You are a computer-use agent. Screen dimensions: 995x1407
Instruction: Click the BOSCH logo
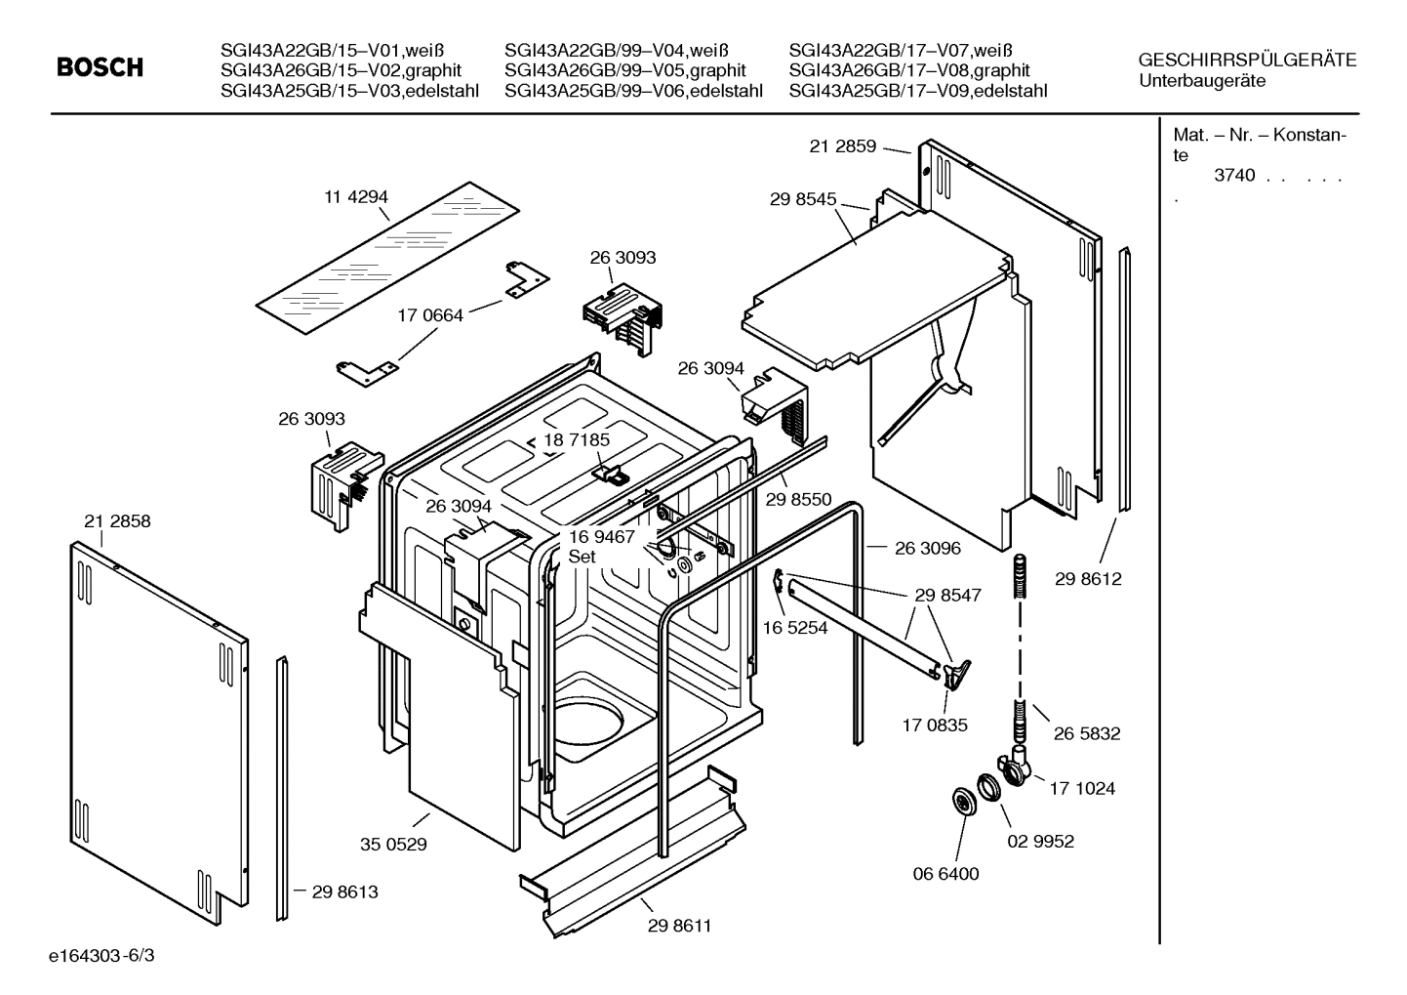(x=100, y=67)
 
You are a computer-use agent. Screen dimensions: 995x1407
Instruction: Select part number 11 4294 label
(x=356, y=196)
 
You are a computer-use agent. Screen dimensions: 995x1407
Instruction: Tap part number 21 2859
(x=842, y=146)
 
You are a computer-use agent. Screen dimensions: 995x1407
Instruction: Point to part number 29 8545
(x=802, y=199)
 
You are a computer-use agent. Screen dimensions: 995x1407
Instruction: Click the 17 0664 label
(x=430, y=315)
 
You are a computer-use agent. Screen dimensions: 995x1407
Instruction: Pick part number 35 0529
(x=393, y=844)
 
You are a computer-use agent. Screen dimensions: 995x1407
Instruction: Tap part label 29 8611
(x=679, y=925)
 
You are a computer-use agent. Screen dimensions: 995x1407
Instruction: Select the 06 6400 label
(x=945, y=873)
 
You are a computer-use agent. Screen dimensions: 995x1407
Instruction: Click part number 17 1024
(x=1082, y=788)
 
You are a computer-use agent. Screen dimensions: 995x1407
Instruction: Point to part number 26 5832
(x=1087, y=733)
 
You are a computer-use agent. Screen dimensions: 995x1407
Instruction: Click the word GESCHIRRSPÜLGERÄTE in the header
(x=1247, y=60)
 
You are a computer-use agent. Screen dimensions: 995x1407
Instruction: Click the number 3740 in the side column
(x=1233, y=176)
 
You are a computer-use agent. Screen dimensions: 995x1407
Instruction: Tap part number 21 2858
(x=117, y=521)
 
